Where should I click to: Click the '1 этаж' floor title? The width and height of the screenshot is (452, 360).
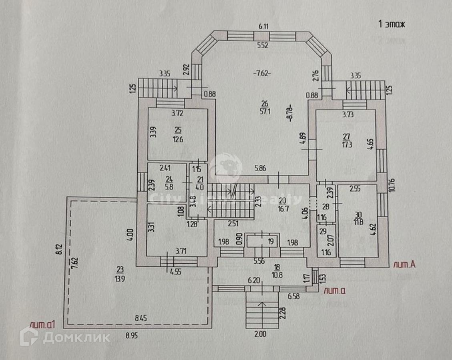coord(392,24)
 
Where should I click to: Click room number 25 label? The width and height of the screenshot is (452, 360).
coord(178,129)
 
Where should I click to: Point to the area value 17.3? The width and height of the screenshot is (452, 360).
coord(347,145)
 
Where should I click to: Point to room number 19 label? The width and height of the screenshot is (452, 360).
coord(260,241)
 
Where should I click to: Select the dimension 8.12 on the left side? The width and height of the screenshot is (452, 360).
coord(59,250)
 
